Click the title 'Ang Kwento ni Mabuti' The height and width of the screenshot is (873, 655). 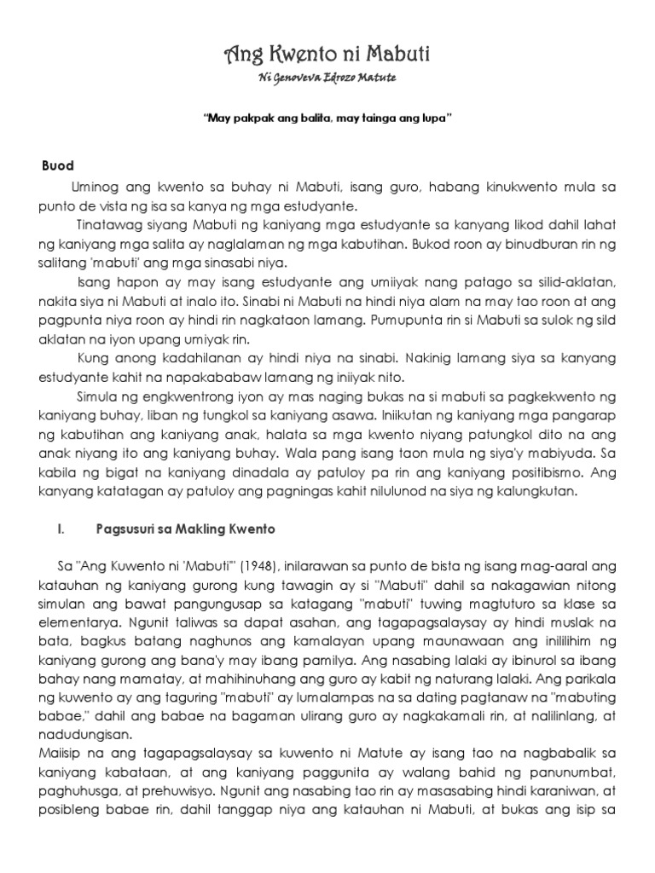pyautogui.click(x=327, y=56)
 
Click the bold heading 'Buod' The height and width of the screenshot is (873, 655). pyautogui.click(x=58, y=165)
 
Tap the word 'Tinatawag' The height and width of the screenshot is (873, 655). pyautogui.click(x=107, y=223)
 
